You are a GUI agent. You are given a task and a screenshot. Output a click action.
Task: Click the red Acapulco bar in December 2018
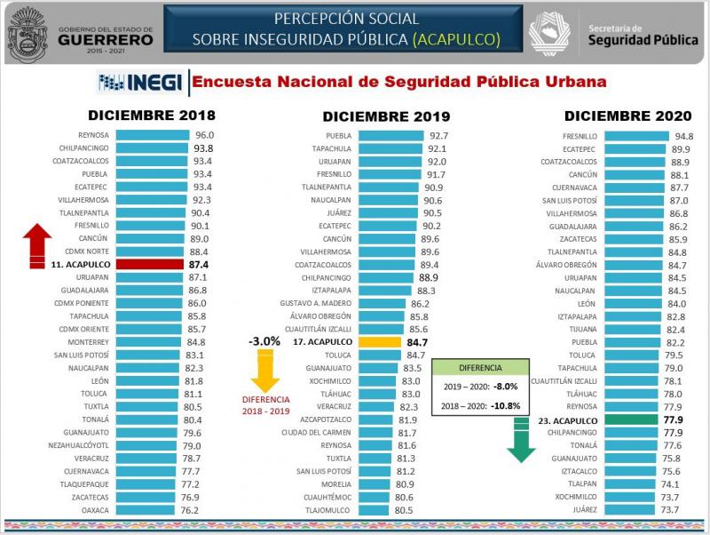pyautogui.click(x=150, y=264)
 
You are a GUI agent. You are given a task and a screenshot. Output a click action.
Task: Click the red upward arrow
pyautogui.click(x=37, y=244)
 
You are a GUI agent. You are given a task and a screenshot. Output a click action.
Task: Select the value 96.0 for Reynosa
pyautogui.click(x=205, y=135)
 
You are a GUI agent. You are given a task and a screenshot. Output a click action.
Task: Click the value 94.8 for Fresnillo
pyautogui.click(x=683, y=136)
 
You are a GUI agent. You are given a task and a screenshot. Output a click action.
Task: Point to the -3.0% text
pyautogui.click(x=264, y=340)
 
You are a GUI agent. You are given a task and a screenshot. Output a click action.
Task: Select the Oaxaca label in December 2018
pyautogui.click(x=94, y=510)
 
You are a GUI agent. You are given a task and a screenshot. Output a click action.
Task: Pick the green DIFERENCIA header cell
pyautogui.click(x=480, y=367)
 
